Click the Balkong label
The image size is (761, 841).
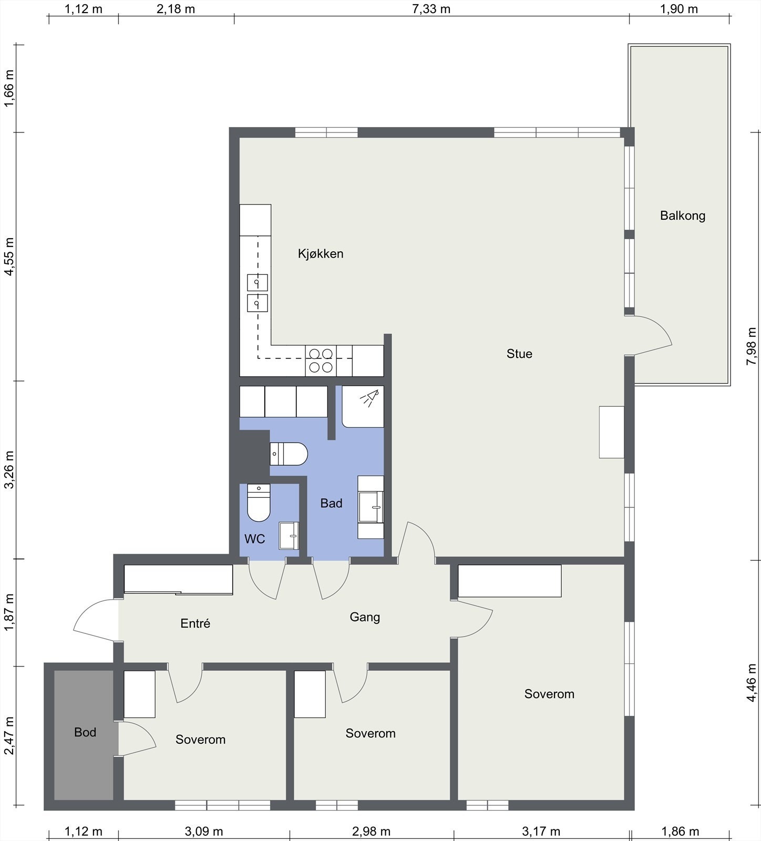pos(682,216)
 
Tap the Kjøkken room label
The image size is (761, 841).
pos(321,254)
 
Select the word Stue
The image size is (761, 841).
pos(519,354)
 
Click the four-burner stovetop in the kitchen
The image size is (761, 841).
pos(321,361)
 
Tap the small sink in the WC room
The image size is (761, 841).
pos(289,536)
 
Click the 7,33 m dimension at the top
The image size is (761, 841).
pos(431,9)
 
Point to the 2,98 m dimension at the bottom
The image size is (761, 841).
pos(371,832)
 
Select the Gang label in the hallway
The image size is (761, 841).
pos(365,617)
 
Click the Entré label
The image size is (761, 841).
pos(195,623)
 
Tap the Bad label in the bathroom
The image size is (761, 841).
pos(331,504)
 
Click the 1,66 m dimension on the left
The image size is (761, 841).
pos(9,88)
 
